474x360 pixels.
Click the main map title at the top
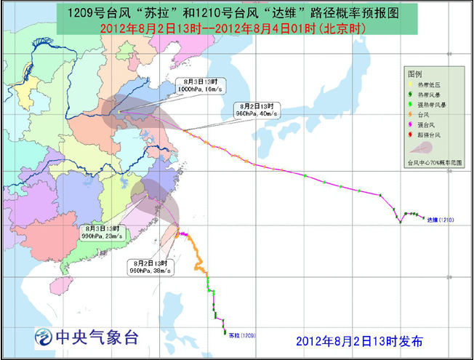[x=238, y=12]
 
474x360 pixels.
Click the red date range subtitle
[x=237, y=28]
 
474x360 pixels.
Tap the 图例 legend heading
[x=415, y=75]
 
